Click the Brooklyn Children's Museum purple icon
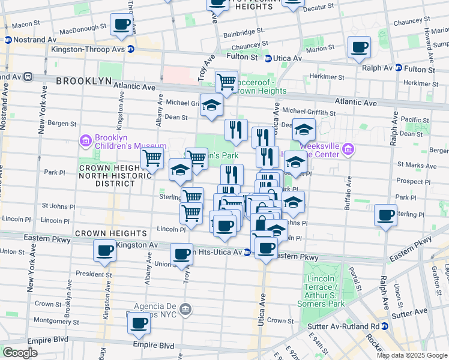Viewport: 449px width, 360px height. coord(85,141)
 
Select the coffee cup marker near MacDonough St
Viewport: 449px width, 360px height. coord(122,25)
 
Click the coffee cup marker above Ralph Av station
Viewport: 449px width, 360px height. coord(359,48)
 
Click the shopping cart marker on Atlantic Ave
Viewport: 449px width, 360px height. coord(226,81)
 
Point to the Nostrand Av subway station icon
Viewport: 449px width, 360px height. coord(8,40)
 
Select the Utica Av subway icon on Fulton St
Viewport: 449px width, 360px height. coord(267,58)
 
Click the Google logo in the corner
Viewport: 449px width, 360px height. coord(20,352)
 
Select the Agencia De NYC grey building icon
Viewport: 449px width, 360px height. coord(186,309)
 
